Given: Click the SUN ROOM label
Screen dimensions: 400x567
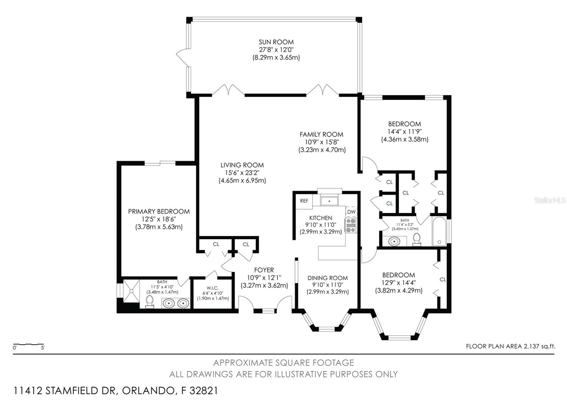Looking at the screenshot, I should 276,42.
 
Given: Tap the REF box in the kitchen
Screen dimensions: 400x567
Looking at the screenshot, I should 304,201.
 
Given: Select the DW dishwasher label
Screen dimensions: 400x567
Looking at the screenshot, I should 351,212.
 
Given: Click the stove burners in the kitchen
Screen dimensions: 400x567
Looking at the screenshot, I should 351,225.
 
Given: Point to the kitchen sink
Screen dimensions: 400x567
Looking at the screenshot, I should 330,201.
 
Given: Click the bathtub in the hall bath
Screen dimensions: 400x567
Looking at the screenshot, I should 439,231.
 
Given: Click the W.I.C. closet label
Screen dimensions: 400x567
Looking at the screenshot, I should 213,288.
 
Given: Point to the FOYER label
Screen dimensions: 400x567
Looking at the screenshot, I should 264,270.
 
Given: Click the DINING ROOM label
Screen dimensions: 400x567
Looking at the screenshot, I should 327,278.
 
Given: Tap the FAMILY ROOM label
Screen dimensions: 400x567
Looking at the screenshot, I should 321,134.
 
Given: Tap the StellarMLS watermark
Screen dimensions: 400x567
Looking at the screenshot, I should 550,200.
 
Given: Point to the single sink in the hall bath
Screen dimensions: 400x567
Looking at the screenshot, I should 394,242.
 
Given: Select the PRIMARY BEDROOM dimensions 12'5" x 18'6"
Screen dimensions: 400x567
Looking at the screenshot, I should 159,219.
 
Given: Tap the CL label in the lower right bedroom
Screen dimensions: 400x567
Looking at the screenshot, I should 443,279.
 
